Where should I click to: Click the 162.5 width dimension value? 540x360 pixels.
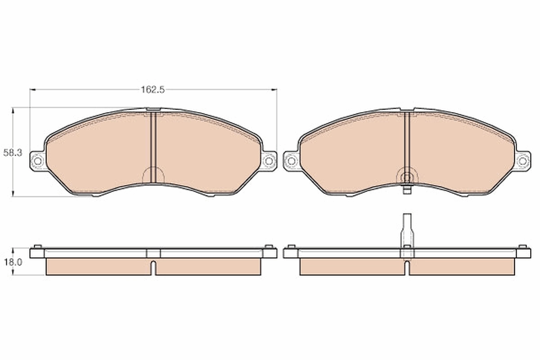pyautogui.click(x=153, y=90)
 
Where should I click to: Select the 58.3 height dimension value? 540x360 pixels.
pyautogui.click(x=13, y=153)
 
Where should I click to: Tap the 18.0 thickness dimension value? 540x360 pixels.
pyautogui.click(x=12, y=262)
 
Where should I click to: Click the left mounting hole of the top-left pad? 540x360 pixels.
pyautogui.click(x=37, y=160)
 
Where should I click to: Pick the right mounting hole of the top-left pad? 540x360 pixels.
pyautogui.click(x=269, y=160)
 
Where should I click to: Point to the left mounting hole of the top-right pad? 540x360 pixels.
pyautogui.click(x=291, y=160)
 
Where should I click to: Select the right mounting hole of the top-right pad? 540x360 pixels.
pyautogui.click(x=522, y=160)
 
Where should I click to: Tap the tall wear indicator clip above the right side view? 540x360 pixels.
pyautogui.click(x=407, y=229)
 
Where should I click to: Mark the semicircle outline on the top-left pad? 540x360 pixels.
pyautogui.click(x=153, y=175)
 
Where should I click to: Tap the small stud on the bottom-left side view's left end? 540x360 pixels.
pyautogui.click(x=38, y=246)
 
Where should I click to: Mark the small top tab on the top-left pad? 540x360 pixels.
pyautogui.click(x=153, y=109)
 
